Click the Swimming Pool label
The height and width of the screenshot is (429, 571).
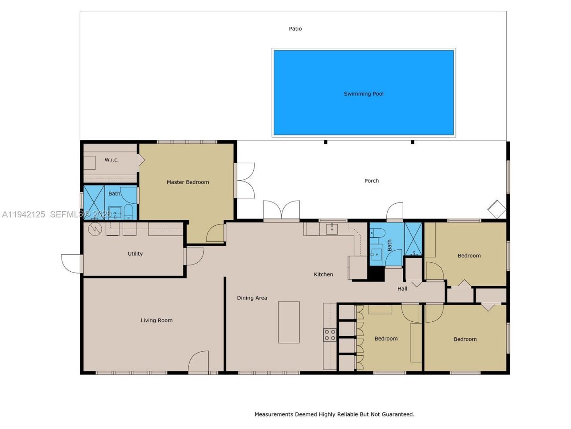coord(364,94)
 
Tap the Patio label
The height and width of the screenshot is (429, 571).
coord(295,29)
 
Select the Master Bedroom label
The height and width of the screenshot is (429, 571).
coord(188,182)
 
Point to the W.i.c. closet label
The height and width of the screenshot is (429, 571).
coord(112,160)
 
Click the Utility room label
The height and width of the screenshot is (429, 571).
coord(135,253)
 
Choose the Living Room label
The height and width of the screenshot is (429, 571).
coord(157,320)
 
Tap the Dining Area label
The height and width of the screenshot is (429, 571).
coord(252,298)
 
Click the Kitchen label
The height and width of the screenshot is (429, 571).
coord(323,274)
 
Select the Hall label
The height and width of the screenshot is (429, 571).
coord(402,289)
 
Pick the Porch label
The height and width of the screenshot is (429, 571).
coord(372,181)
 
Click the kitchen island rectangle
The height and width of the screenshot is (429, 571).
coord(289,322)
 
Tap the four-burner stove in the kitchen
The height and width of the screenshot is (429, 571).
coord(330,335)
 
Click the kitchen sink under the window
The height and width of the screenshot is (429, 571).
coord(331,229)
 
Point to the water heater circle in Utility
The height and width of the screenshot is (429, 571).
coord(95,229)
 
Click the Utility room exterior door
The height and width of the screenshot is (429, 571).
coord(71,263)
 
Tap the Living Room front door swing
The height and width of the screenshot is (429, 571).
coord(199,362)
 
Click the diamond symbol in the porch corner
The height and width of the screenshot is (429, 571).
coord(497,209)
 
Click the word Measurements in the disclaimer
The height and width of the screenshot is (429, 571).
coord(273,414)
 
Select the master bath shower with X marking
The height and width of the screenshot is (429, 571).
coord(94,202)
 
